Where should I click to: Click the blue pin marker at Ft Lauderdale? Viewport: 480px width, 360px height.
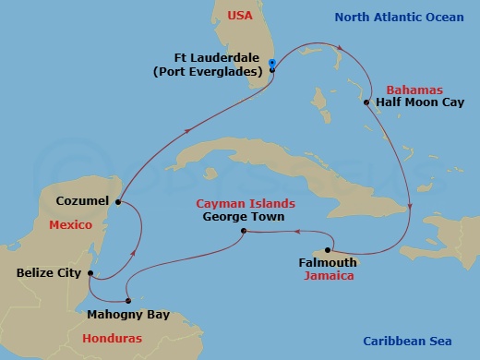pos(271,66)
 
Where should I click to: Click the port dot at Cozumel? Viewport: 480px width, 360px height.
pos(118,200)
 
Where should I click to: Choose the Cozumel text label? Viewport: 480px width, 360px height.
pos(82,200)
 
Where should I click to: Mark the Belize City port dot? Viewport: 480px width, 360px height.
pos(89,273)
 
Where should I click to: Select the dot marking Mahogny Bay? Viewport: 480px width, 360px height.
pos(128,300)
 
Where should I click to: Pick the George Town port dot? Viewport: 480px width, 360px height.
pos(243,231)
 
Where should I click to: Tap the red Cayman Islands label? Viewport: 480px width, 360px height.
pos(245,203)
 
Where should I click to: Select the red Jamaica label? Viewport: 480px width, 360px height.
pos(332,276)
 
